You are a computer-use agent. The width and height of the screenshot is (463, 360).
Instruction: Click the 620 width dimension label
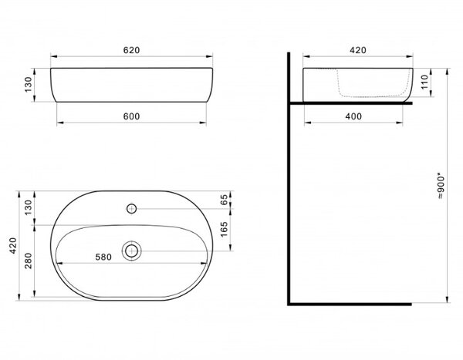(131, 50)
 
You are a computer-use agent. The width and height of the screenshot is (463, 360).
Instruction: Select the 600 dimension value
(131, 116)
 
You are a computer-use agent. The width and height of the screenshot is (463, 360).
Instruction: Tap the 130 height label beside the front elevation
(29, 84)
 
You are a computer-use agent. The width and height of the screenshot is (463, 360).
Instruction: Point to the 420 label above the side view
(358, 50)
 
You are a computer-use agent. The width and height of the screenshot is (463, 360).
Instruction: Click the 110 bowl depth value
(424, 82)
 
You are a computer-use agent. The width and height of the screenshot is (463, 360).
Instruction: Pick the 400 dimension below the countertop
(353, 116)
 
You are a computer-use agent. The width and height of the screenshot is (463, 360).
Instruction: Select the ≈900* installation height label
(441, 187)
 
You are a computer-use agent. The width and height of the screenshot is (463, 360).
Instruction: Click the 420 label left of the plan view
(13, 245)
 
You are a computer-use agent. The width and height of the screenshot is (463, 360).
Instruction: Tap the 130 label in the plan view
(29, 207)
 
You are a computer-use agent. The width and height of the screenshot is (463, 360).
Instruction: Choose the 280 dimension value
(29, 261)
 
